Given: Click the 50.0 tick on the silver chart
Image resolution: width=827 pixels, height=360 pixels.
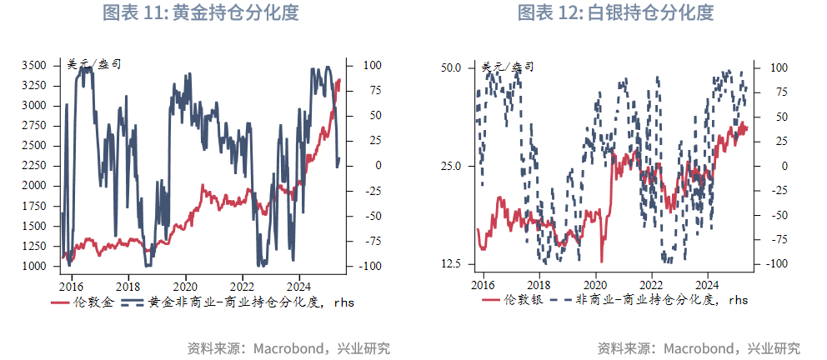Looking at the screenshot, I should point(451,67).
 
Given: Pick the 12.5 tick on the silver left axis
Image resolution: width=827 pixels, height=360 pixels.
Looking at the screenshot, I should point(451,264).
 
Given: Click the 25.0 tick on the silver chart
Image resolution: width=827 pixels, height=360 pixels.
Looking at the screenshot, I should point(451,166).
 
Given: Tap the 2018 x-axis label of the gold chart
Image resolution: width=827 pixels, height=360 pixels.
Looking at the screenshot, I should point(128,283).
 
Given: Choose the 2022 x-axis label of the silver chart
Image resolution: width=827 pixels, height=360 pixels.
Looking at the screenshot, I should point(652,283).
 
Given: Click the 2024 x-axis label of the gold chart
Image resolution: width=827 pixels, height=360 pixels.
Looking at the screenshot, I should point(298,283).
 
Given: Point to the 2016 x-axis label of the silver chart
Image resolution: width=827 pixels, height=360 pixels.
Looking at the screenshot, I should point(483,283).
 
